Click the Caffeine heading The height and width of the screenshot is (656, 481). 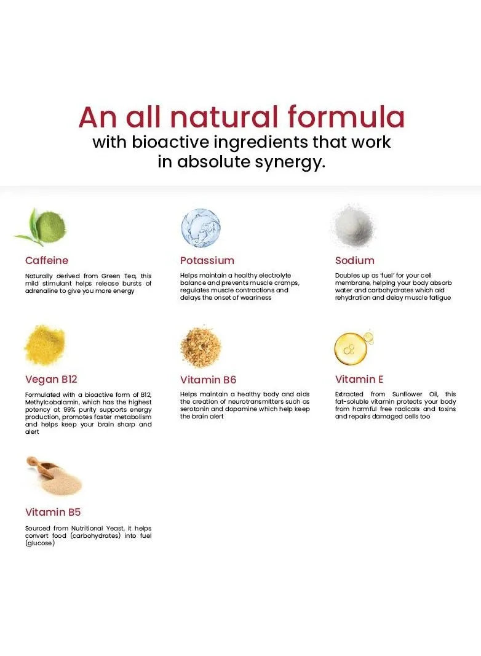tap(46, 260)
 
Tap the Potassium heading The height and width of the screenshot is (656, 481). tap(207, 260)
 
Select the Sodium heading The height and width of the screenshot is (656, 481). tap(355, 260)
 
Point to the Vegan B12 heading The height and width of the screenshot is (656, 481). tap(51, 380)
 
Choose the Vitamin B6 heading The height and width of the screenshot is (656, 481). tap(209, 380)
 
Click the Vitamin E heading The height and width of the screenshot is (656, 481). tap(359, 379)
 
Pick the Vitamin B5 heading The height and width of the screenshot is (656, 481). tap(53, 512)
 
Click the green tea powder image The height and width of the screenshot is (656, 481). tap(42, 226)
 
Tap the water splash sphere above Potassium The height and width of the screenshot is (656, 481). tap(201, 228)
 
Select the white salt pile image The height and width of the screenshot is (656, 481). tap(354, 226)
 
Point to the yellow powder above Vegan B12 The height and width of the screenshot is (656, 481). tap(45, 345)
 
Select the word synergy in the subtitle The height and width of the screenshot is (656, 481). tap(290, 162)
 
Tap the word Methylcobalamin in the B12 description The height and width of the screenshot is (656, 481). tap(52, 402)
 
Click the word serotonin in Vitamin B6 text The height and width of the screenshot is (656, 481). tap(194, 409)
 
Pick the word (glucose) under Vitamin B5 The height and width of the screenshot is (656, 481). tap(40, 543)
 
